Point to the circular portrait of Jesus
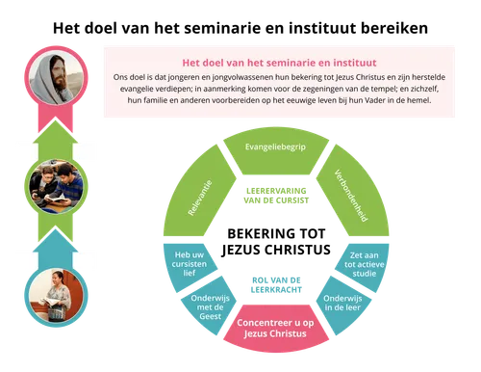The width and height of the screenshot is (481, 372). (x=54, y=77)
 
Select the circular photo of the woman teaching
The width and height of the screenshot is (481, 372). (x=54, y=296)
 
